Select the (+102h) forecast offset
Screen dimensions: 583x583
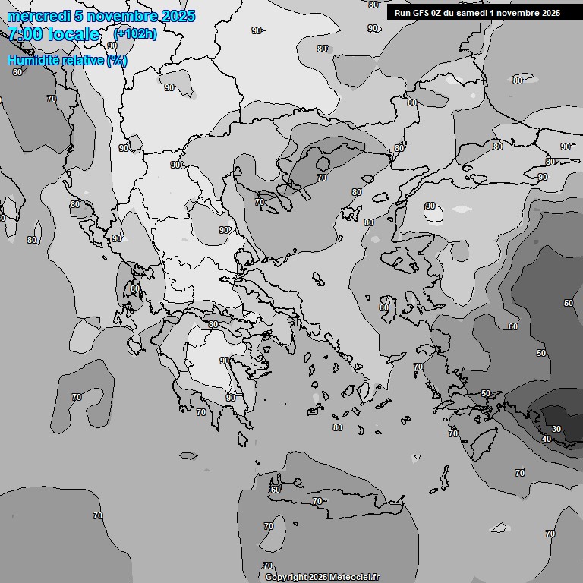click(x=134, y=33)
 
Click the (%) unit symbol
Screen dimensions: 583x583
click(x=117, y=60)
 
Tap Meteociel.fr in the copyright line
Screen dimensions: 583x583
click(x=355, y=577)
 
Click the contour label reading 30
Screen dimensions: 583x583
click(x=556, y=429)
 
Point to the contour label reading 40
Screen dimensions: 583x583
click(x=547, y=439)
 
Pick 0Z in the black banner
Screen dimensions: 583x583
click(x=437, y=13)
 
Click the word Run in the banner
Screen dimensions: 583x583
click(x=402, y=13)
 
